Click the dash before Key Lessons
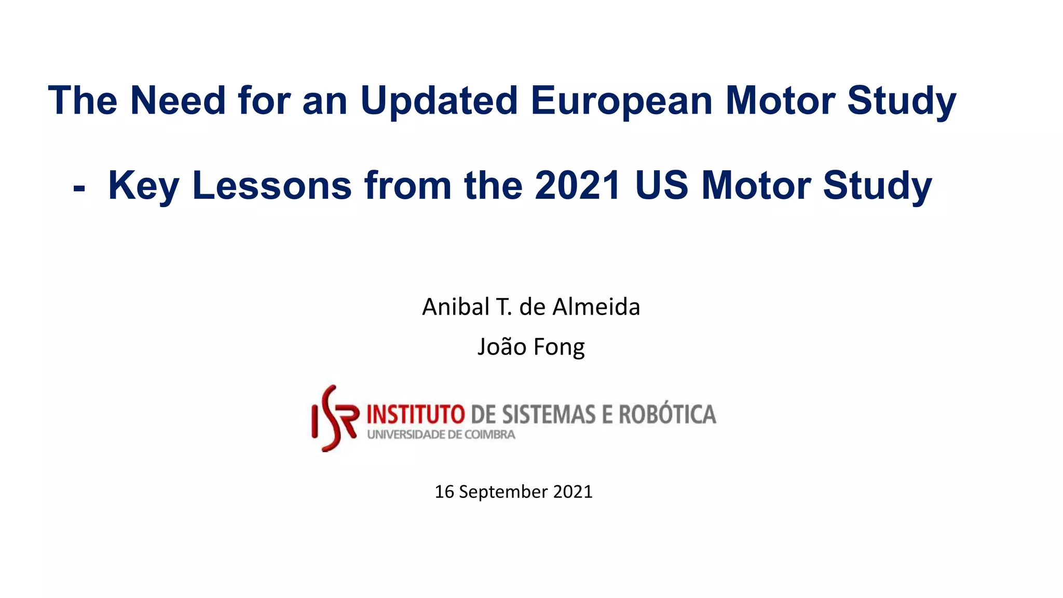tap(79, 187)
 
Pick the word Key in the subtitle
tap(143, 186)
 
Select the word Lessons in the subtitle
tap(271, 185)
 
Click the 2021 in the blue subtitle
tap(577, 185)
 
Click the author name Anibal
tap(456, 307)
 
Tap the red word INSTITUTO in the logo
tap(416, 415)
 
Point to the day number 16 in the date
tap(444, 492)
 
